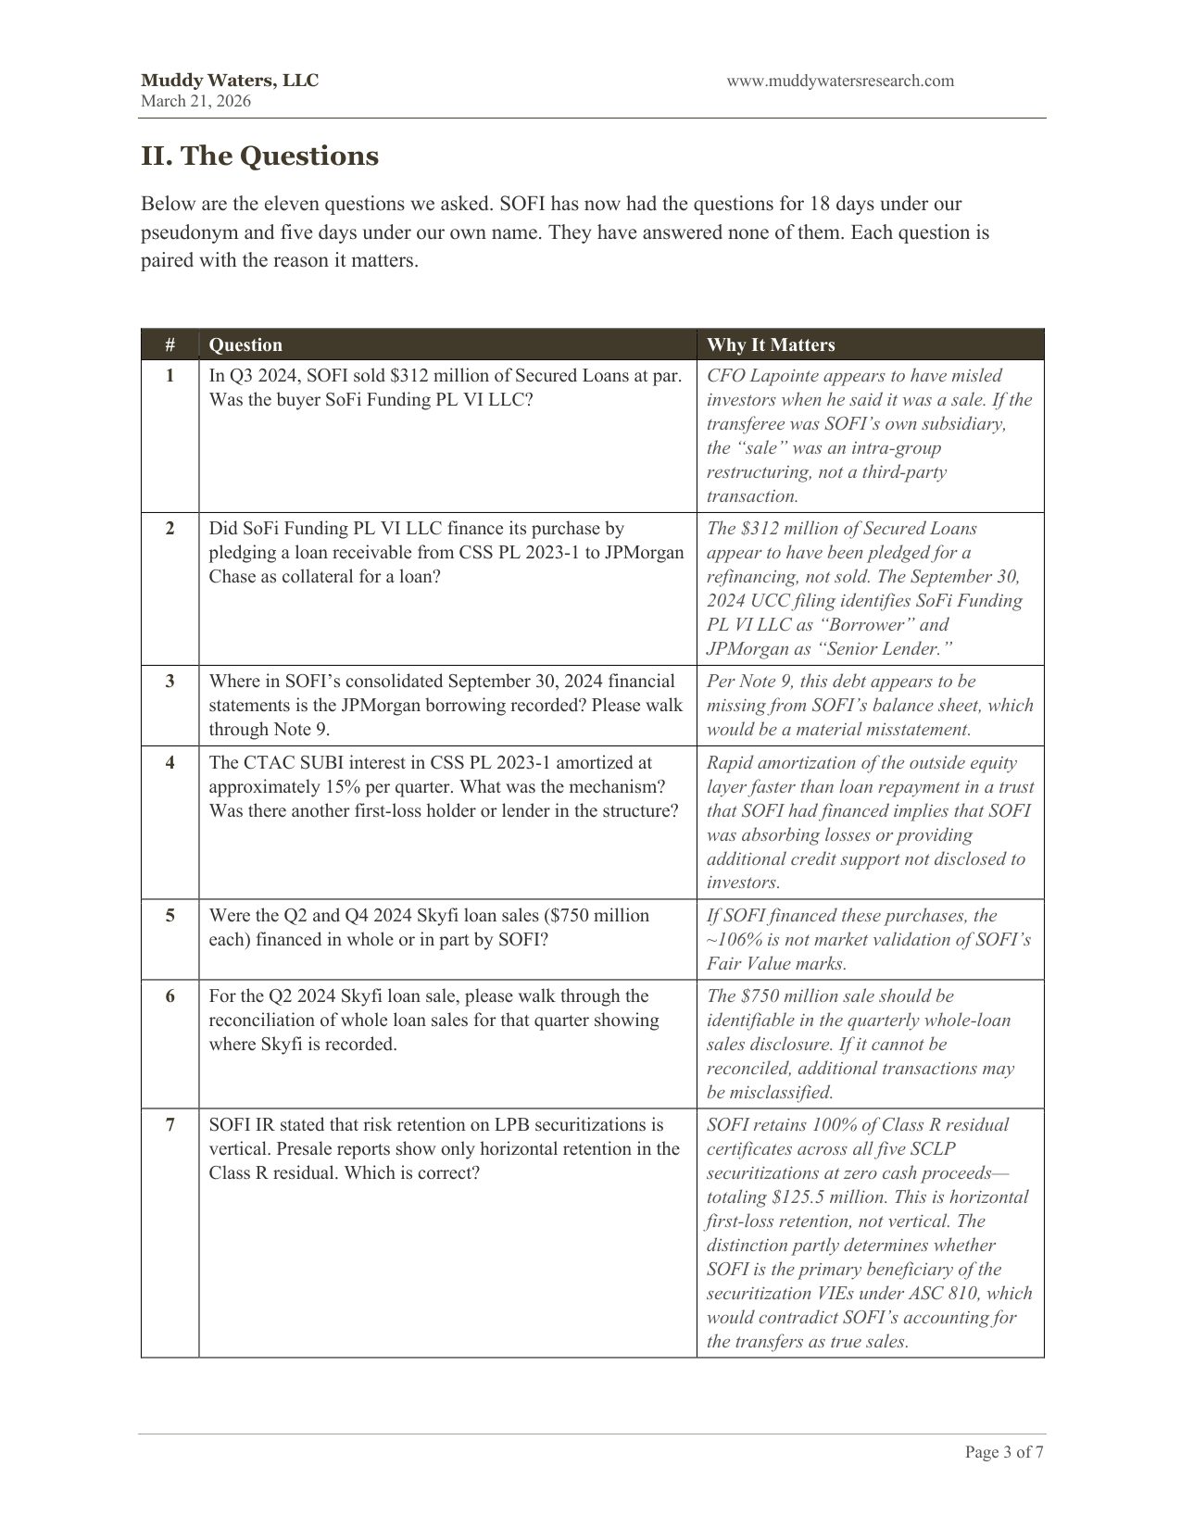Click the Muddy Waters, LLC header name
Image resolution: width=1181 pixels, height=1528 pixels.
pos(229,81)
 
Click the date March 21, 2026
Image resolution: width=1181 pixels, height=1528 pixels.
pos(195,101)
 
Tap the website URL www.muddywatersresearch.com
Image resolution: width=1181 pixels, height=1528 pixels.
pos(839,81)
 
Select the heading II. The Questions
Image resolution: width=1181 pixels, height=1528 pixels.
pos(259,156)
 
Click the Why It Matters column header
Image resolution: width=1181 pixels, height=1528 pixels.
pos(771,345)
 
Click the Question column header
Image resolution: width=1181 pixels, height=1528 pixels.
pos(245,345)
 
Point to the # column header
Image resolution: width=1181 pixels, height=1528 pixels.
pos(170,345)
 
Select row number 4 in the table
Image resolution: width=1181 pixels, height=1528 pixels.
pos(170,763)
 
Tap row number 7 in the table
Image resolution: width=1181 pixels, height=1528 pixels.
pos(170,1125)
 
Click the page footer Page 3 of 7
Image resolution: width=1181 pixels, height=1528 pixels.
pos(1004,1452)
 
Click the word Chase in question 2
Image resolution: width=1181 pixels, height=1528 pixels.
pos(232,577)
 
